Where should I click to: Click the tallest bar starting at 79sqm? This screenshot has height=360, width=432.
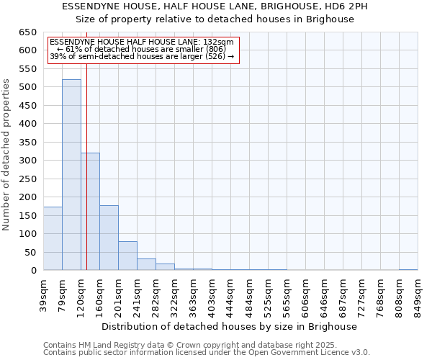(x=71, y=175)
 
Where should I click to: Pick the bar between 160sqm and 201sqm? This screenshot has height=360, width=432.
(x=109, y=238)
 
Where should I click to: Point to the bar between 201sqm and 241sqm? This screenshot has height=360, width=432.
(x=127, y=256)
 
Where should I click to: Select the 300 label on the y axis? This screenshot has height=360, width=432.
(x=29, y=161)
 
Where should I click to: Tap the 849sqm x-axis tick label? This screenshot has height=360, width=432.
(x=418, y=295)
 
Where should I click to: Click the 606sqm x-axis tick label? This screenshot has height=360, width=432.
(x=305, y=295)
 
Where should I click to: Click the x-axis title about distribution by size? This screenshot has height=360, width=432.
(x=230, y=326)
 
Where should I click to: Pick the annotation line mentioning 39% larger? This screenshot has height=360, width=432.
(x=142, y=56)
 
